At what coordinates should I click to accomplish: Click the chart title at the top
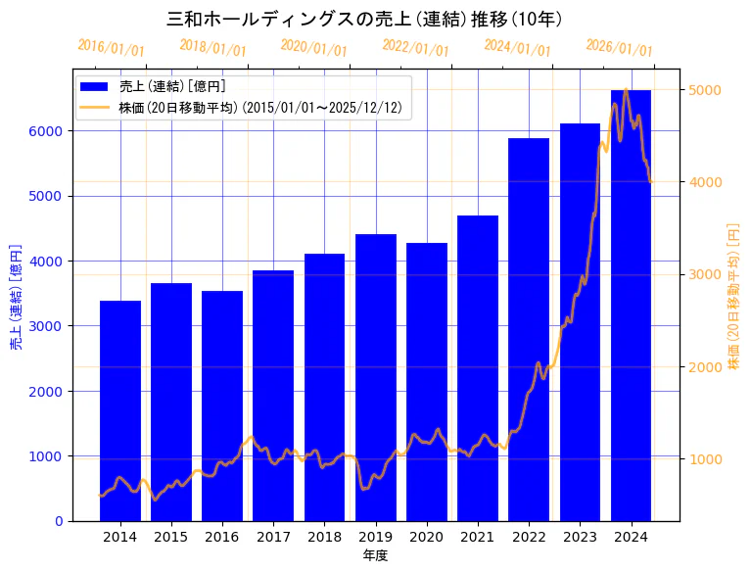click(364, 19)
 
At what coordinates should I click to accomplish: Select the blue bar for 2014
click(120, 411)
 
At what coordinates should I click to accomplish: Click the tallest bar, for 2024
click(631, 305)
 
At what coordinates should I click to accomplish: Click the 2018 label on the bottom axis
click(324, 537)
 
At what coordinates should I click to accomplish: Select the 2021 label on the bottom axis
click(478, 537)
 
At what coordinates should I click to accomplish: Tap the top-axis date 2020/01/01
click(313, 48)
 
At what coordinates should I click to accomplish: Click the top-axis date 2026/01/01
click(619, 48)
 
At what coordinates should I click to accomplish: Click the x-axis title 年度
click(375, 555)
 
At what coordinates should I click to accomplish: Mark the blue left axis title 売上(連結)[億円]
click(16, 296)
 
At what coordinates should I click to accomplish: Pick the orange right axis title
click(733, 296)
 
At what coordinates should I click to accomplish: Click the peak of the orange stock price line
click(626, 90)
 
